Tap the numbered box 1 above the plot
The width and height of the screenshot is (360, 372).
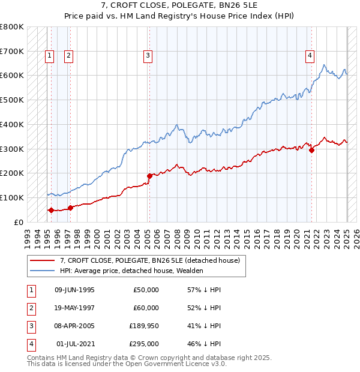pos(50,56)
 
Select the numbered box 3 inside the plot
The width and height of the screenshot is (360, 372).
pos(148,56)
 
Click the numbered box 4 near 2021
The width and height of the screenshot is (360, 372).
pos(310,56)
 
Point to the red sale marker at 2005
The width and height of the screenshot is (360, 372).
pos(149,176)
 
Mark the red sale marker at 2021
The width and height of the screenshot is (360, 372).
pos(312,151)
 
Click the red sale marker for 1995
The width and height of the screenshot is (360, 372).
pos(51,210)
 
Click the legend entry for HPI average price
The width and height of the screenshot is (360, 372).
pos(131,271)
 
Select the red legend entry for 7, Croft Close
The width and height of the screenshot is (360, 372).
pos(150,260)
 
